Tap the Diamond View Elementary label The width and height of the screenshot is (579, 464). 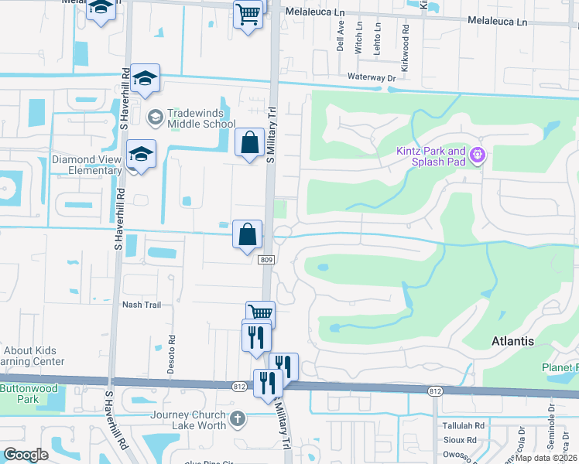click(x=87, y=165)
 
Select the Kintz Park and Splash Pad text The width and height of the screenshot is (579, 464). click(x=431, y=156)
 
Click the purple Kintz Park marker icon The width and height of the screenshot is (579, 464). click(x=478, y=156)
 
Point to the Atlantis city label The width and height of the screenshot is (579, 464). click(x=512, y=340)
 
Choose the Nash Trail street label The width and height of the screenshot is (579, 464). click(x=142, y=305)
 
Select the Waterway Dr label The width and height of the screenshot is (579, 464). click(x=372, y=77)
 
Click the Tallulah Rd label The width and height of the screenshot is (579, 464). click(x=463, y=425)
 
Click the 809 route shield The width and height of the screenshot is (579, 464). click(x=266, y=260)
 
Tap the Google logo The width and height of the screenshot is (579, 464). click(x=26, y=455)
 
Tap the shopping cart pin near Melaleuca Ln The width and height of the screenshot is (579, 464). click(x=248, y=13)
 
